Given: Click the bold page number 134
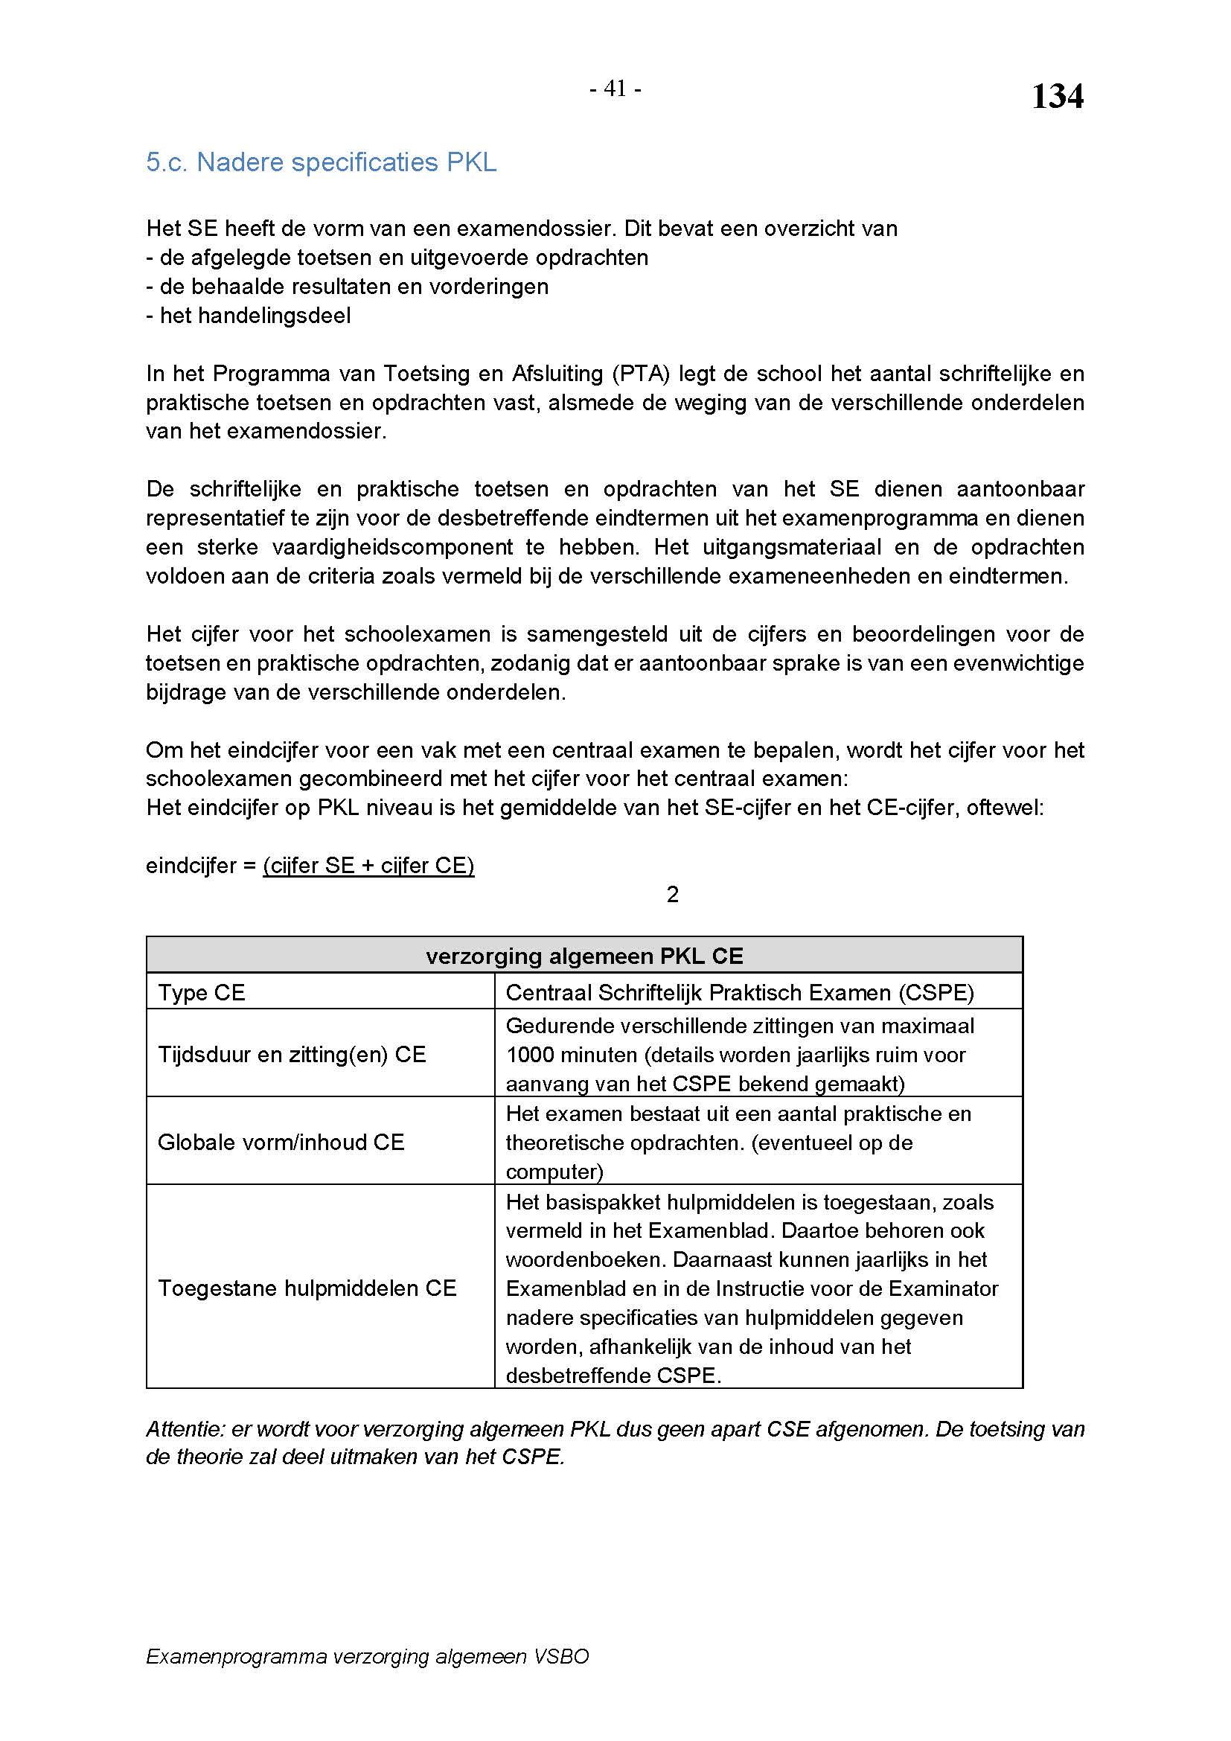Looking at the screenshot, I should (1057, 97).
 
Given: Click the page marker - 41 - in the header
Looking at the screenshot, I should (615, 89).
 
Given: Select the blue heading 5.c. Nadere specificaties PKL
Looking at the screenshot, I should (322, 162).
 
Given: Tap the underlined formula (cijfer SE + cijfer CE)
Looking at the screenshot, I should (368, 865).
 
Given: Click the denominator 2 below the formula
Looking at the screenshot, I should (672, 895).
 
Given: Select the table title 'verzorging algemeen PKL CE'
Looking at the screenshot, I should (584, 956).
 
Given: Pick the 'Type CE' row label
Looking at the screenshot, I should (202, 993).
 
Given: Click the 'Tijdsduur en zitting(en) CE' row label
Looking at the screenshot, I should (292, 1054).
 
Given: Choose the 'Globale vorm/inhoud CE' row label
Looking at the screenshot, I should (281, 1142).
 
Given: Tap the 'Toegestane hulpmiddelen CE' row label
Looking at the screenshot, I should (307, 1288).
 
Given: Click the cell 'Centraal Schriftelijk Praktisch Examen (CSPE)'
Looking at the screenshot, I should (740, 993).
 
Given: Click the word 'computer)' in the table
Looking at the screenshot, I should (555, 1172).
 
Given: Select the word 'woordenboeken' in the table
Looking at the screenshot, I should (586, 1259).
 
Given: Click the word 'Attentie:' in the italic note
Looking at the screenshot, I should (186, 1429).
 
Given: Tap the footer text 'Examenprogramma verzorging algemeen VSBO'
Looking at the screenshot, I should (368, 1657).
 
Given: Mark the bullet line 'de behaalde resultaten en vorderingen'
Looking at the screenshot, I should (354, 287).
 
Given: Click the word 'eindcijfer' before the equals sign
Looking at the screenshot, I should (191, 866).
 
